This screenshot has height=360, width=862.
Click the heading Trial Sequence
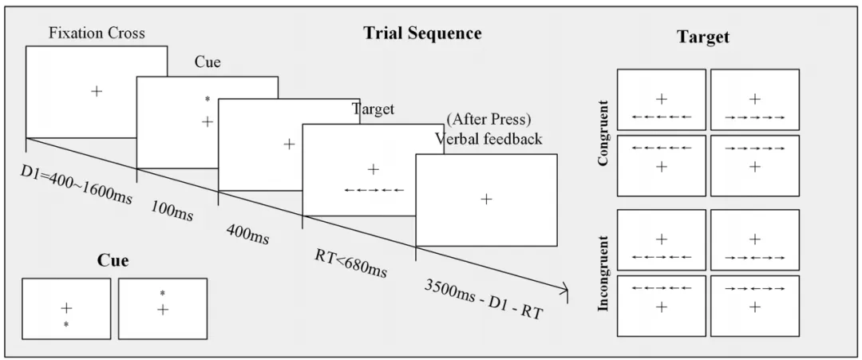coord(422,33)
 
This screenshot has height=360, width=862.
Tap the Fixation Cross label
coord(96,34)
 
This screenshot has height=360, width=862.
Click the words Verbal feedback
coord(488,139)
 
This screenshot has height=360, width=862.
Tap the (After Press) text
coord(488,120)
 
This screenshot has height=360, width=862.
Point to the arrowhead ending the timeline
coord(565,289)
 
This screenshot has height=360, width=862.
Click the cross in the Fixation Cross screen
coord(97,91)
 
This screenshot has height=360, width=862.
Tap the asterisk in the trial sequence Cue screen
coord(207,100)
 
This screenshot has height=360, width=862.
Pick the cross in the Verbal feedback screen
coord(486,199)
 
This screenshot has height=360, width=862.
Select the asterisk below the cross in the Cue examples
coord(66,324)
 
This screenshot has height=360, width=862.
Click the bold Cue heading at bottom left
coord(113,260)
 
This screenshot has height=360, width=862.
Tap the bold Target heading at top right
coord(703,37)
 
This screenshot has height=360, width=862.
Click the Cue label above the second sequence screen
coord(208,61)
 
